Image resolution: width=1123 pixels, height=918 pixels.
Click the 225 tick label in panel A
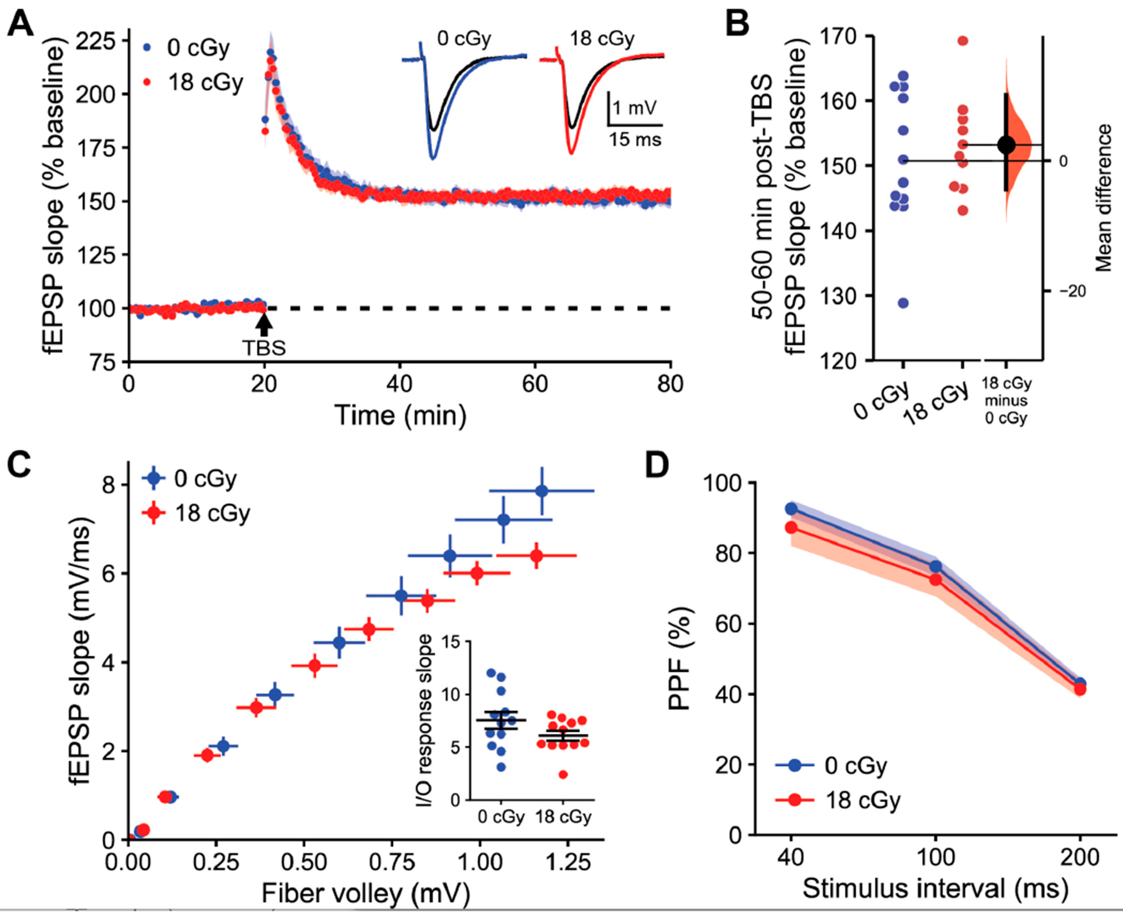pyautogui.click(x=95, y=41)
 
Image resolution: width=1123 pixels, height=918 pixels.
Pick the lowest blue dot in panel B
pyautogui.click(x=903, y=303)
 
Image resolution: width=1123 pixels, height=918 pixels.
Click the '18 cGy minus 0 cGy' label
pyautogui.click(x=1006, y=400)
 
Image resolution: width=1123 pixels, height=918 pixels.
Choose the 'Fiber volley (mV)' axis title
pyautogui.click(x=366, y=894)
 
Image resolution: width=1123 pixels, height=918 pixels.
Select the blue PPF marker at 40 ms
pyautogui.click(x=791, y=509)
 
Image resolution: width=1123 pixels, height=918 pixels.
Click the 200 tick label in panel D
pyautogui.click(x=1080, y=857)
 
